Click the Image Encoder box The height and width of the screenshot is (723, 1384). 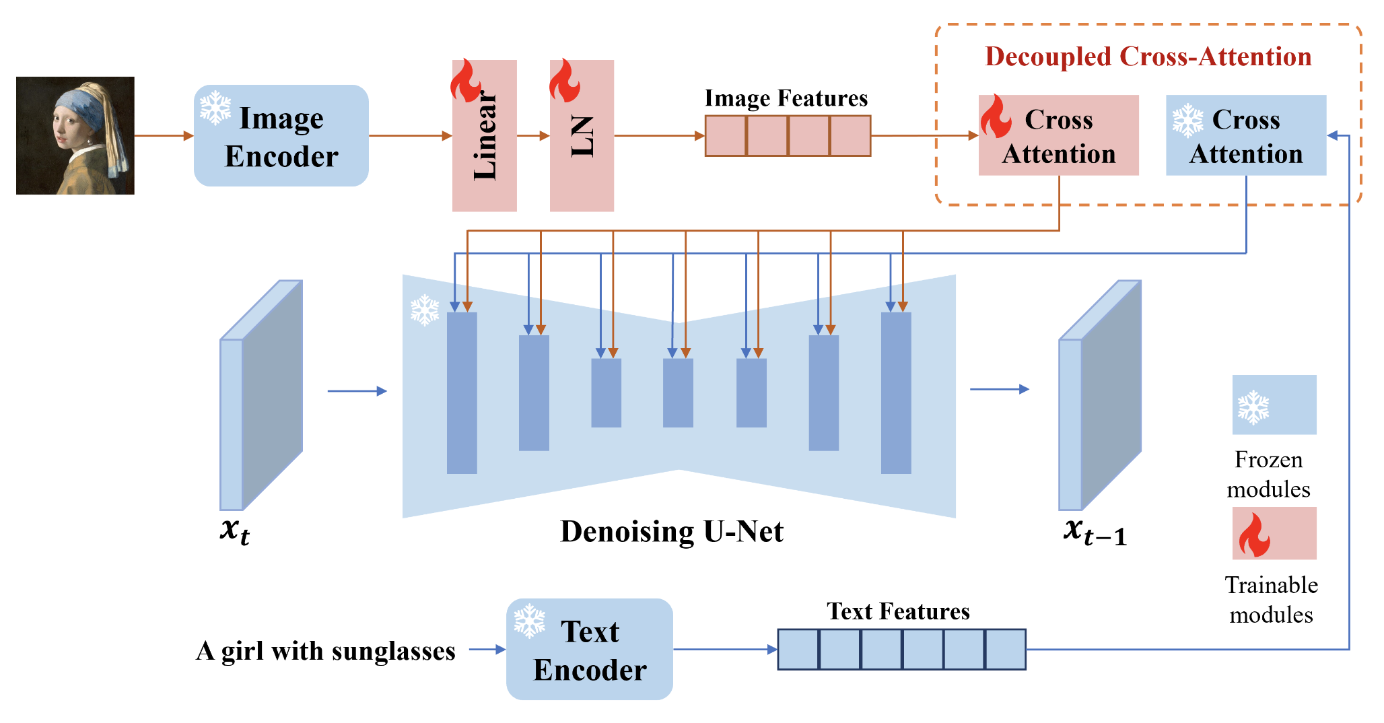(x=281, y=135)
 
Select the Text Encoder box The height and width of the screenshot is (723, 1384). (x=590, y=650)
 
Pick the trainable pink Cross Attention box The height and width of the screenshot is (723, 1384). (x=1058, y=136)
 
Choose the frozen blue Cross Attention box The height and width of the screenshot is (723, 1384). (x=1246, y=136)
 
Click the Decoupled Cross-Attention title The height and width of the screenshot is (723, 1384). (x=1148, y=57)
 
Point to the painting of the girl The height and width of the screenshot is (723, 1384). (x=75, y=135)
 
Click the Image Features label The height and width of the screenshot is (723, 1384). (x=786, y=98)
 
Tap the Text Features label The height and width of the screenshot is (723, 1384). (x=898, y=611)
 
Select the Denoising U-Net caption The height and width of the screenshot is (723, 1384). (x=672, y=532)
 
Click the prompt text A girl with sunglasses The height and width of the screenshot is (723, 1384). (x=326, y=651)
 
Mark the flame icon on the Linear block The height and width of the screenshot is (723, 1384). (x=465, y=81)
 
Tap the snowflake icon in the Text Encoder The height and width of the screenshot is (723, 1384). (x=530, y=621)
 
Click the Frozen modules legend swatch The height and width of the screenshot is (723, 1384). (x=1274, y=405)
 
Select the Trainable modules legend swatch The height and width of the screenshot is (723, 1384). (x=1274, y=533)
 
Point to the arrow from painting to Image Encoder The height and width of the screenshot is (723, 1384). (x=164, y=136)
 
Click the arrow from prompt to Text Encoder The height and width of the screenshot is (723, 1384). (x=487, y=650)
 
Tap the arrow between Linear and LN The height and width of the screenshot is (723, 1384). (x=533, y=136)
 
